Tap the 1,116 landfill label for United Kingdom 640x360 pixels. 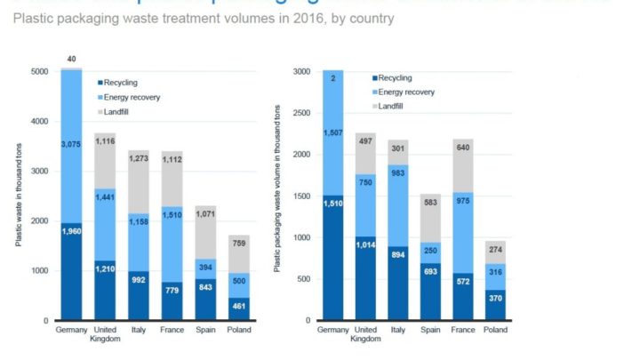click(106, 141)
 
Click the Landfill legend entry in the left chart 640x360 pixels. click(118, 110)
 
